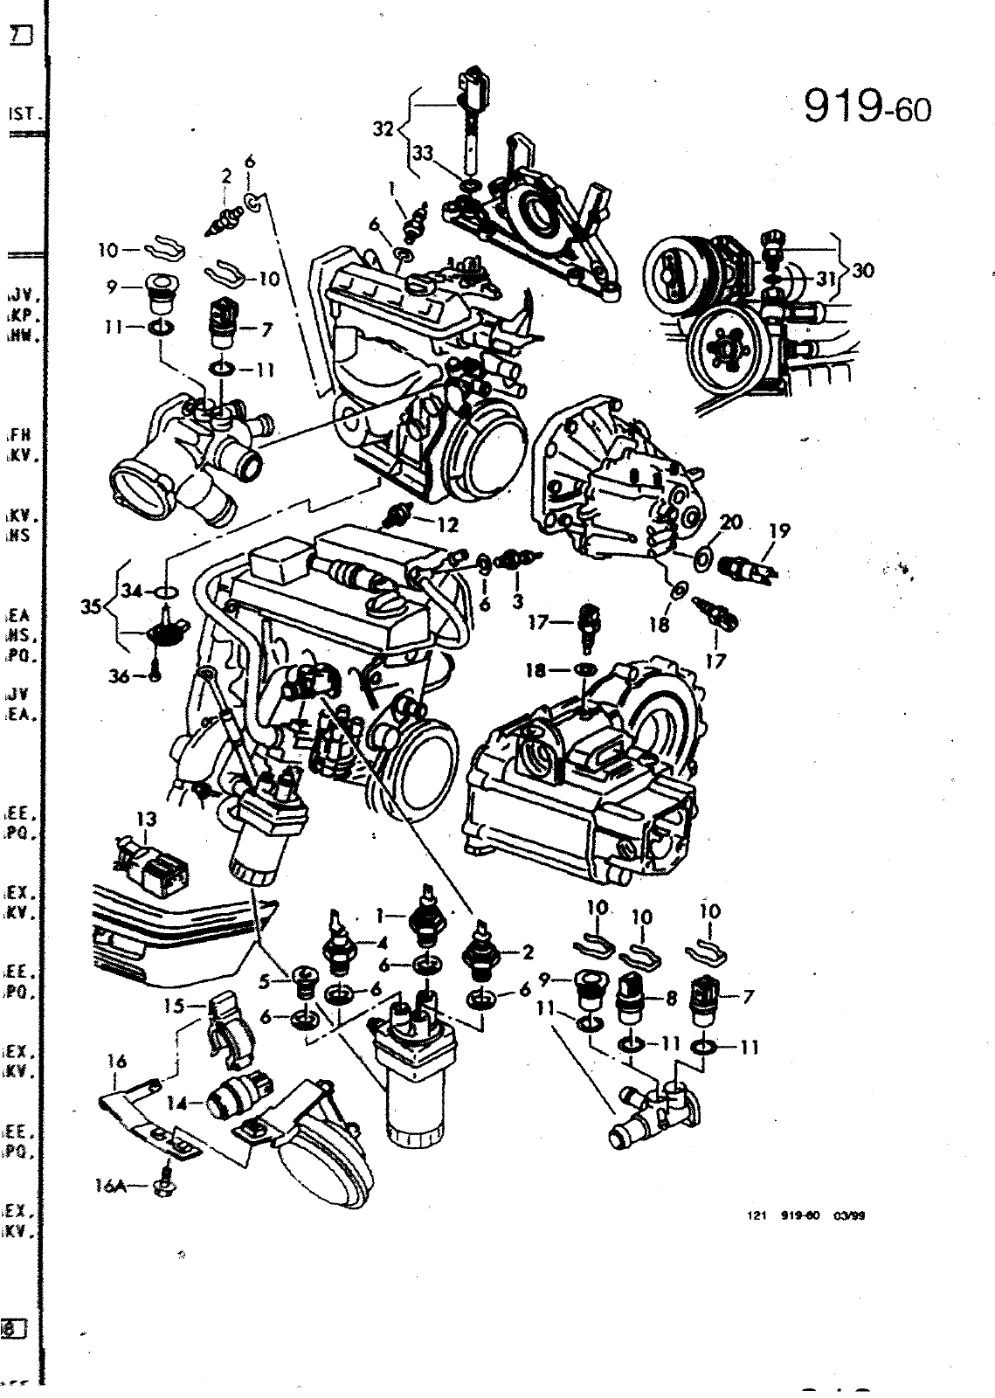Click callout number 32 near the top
(x=383, y=129)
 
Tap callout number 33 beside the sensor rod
(x=423, y=152)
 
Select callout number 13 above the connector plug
(x=147, y=819)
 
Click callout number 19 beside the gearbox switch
(x=778, y=530)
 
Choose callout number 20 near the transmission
(x=731, y=523)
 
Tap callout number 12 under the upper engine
(x=448, y=525)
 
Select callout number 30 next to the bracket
(x=863, y=271)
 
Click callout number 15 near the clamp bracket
(x=173, y=1006)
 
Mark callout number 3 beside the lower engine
(x=517, y=603)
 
